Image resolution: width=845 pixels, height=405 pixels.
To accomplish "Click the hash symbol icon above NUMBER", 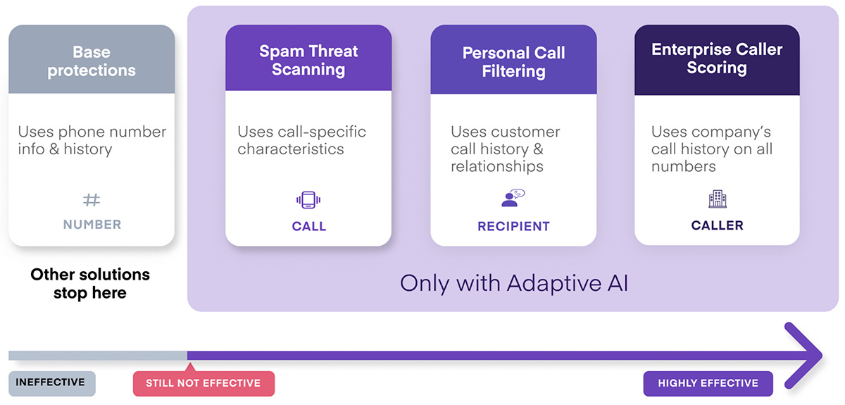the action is tap(92, 199).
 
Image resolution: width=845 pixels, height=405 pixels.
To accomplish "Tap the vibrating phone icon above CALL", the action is tap(308, 199).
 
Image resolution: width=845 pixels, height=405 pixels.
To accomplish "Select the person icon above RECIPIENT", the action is tap(513, 198).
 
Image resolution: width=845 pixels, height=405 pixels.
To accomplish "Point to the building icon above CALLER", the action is tap(717, 199).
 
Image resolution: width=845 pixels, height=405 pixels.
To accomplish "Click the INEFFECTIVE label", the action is tap(52, 383).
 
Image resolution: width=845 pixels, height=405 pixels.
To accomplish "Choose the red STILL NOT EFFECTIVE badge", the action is tap(204, 383).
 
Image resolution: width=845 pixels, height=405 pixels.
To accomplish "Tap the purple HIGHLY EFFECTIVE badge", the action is tap(708, 383).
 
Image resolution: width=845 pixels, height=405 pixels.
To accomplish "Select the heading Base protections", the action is tap(92, 61).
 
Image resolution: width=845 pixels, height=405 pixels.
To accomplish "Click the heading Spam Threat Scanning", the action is tap(308, 61).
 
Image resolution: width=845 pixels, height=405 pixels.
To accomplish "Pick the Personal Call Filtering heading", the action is tap(514, 62).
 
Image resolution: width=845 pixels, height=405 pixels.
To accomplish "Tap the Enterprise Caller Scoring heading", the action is tap(717, 58).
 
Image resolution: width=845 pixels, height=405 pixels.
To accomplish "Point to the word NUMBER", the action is tap(92, 225).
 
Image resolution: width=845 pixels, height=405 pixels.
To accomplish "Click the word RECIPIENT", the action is tap(513, 226).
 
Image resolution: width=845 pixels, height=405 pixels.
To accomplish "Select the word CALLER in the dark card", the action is tap(717, 225).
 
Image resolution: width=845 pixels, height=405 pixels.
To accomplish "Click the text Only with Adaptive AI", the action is tap(514, 283).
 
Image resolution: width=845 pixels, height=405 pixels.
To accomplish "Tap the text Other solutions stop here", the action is tap(90, 283).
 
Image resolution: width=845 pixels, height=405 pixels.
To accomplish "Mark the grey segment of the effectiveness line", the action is tap(98, 355).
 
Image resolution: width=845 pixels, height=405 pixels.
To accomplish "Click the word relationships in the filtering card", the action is tap(497, 166).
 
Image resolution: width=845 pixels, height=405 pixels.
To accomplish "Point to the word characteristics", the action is tap(290, 149).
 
